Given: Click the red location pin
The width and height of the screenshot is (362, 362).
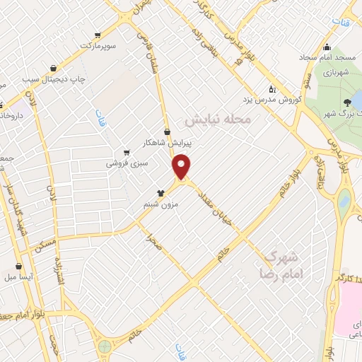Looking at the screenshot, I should (182, 166).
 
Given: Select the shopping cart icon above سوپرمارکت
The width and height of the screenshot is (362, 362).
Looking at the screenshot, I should (95, 34).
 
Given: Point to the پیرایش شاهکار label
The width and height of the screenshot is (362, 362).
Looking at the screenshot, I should (167, 142).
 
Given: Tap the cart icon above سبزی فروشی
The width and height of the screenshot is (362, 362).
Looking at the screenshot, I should (126, 152).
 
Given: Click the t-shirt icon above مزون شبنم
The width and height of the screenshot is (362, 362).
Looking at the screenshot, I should (160, 192).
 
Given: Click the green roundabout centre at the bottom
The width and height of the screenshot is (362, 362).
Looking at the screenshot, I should (105, 347).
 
